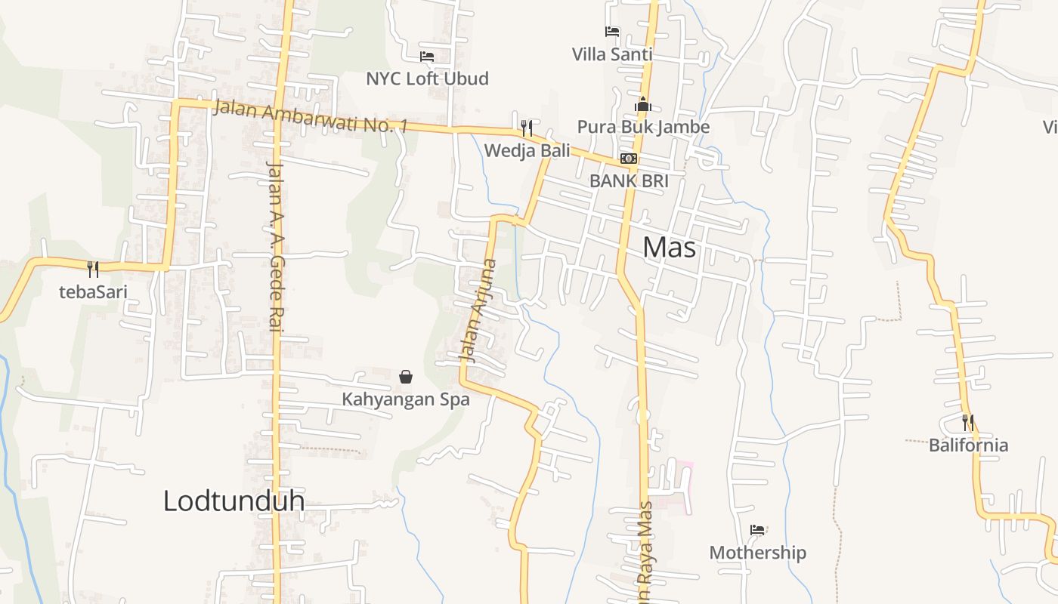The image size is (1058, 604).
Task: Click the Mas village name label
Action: click(x=670, y=248)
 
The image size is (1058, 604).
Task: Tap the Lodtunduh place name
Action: click(x=234, y=501)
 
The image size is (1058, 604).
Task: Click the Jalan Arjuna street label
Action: click(x=480, y=311)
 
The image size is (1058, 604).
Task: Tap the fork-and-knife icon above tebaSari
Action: click(x=93, y=269)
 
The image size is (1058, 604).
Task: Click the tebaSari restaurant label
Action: click(x=93, y=292)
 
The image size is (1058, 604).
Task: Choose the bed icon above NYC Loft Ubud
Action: click(x=427, y=57)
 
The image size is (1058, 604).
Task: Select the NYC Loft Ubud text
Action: click(x=427, y=79)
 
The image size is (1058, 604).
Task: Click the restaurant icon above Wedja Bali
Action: click(x=527, y=128)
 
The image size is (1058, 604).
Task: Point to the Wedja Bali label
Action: click(x=527, y=150)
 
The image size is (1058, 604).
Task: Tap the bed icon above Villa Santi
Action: click(x=612, y=32)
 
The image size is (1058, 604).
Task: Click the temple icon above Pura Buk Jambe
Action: click(x=643, y=104)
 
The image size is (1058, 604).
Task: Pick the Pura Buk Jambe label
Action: click(x=643, y=127)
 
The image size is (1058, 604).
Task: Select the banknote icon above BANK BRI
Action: click(x=628, y=159)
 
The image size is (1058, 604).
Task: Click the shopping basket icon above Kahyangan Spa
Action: click(x=406, y=376)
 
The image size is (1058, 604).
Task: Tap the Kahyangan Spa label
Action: click(x=406, y=399)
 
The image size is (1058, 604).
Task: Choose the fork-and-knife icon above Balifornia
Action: click(x=968, y=422)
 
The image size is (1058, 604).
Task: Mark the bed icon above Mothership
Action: click(x=757, y=530)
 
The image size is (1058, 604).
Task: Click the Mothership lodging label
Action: click(x=757, y=553)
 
